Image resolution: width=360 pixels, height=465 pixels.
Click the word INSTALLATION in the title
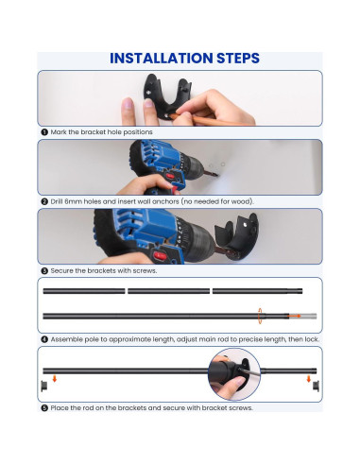162,59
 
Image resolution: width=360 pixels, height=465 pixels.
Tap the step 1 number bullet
44,132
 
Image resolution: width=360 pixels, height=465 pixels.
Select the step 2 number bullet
44,201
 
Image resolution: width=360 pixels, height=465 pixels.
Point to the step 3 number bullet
44,270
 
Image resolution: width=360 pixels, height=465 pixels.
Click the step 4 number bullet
44,339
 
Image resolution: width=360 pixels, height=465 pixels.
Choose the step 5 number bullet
44,408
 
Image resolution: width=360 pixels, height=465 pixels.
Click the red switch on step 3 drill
161,255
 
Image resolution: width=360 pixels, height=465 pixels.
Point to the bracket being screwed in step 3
237,236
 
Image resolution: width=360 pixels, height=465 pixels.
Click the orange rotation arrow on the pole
260,316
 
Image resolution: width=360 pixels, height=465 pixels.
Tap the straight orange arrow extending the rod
295,316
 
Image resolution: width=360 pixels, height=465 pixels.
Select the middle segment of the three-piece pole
168,291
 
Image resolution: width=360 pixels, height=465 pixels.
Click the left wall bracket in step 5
44,386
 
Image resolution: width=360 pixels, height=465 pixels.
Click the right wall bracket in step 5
316,386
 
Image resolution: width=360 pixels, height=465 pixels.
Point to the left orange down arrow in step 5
55,378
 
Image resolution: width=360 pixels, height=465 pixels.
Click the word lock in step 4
313,339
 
